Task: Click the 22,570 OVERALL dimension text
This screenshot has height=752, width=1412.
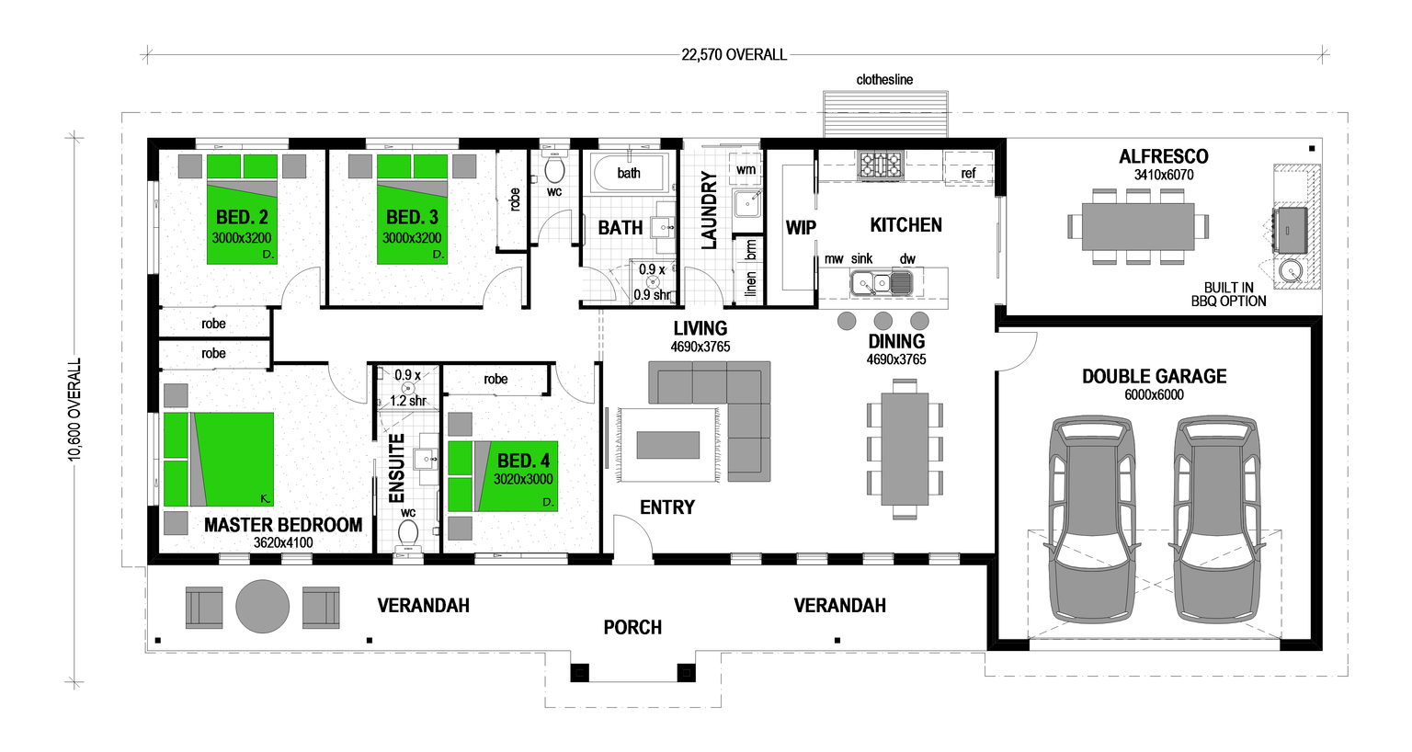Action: tap(734, 55)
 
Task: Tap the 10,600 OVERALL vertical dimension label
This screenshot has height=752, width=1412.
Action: tap(75, 409)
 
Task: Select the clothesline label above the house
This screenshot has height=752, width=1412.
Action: tap(884, 80)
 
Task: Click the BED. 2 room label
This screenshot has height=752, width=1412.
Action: tap(242, 218)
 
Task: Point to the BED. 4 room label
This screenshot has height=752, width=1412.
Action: tap(523, 461)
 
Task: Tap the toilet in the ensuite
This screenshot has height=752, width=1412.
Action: tap(408, 532)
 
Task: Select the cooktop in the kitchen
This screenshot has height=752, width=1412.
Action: tap(880, 165)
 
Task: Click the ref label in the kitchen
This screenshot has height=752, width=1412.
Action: tap(968, 173)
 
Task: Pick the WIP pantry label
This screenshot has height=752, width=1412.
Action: tap(800, 228)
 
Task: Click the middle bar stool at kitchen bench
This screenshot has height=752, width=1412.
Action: tap(883, 321)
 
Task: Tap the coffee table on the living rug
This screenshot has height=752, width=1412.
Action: tap(668, 445)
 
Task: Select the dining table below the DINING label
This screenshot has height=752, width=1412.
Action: tap(905, 445)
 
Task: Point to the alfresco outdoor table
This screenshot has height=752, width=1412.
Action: tap(1138, 226)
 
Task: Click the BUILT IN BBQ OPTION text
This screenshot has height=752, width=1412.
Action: tap(1228, 294)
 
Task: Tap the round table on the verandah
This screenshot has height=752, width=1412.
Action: tap(263, 607)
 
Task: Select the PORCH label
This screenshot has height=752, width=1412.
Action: tap(632, 628)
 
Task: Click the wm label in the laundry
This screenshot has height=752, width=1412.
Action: tap(746, 170)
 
